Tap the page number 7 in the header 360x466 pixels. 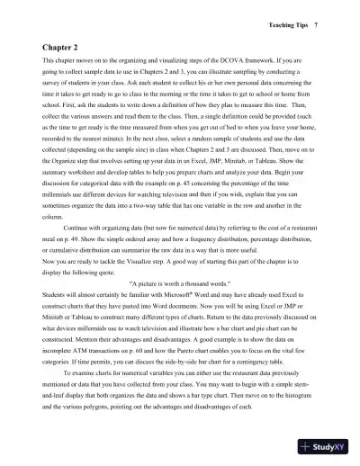330,16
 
